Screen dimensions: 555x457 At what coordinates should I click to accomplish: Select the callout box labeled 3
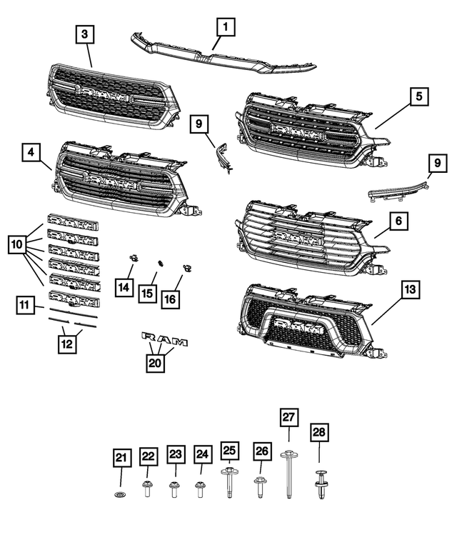[x=85, y=34]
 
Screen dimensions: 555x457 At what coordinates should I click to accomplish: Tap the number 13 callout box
[x=409, y=289]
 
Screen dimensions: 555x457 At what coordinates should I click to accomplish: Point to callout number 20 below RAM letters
[x=156, y=363]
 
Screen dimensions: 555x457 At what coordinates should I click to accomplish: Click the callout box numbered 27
[x=288, y=418]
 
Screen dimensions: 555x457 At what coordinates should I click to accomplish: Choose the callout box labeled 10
[x=19, y=245]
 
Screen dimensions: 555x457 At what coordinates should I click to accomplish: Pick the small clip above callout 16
[x=188, y=269]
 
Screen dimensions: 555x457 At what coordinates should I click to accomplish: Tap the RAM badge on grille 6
[x=294, y=236]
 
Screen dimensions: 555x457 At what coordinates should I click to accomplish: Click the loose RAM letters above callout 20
[x=164, y=339]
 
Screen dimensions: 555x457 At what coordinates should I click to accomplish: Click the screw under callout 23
[x=174, y=489]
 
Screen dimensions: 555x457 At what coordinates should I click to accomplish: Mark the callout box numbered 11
[x=26, y=306]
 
